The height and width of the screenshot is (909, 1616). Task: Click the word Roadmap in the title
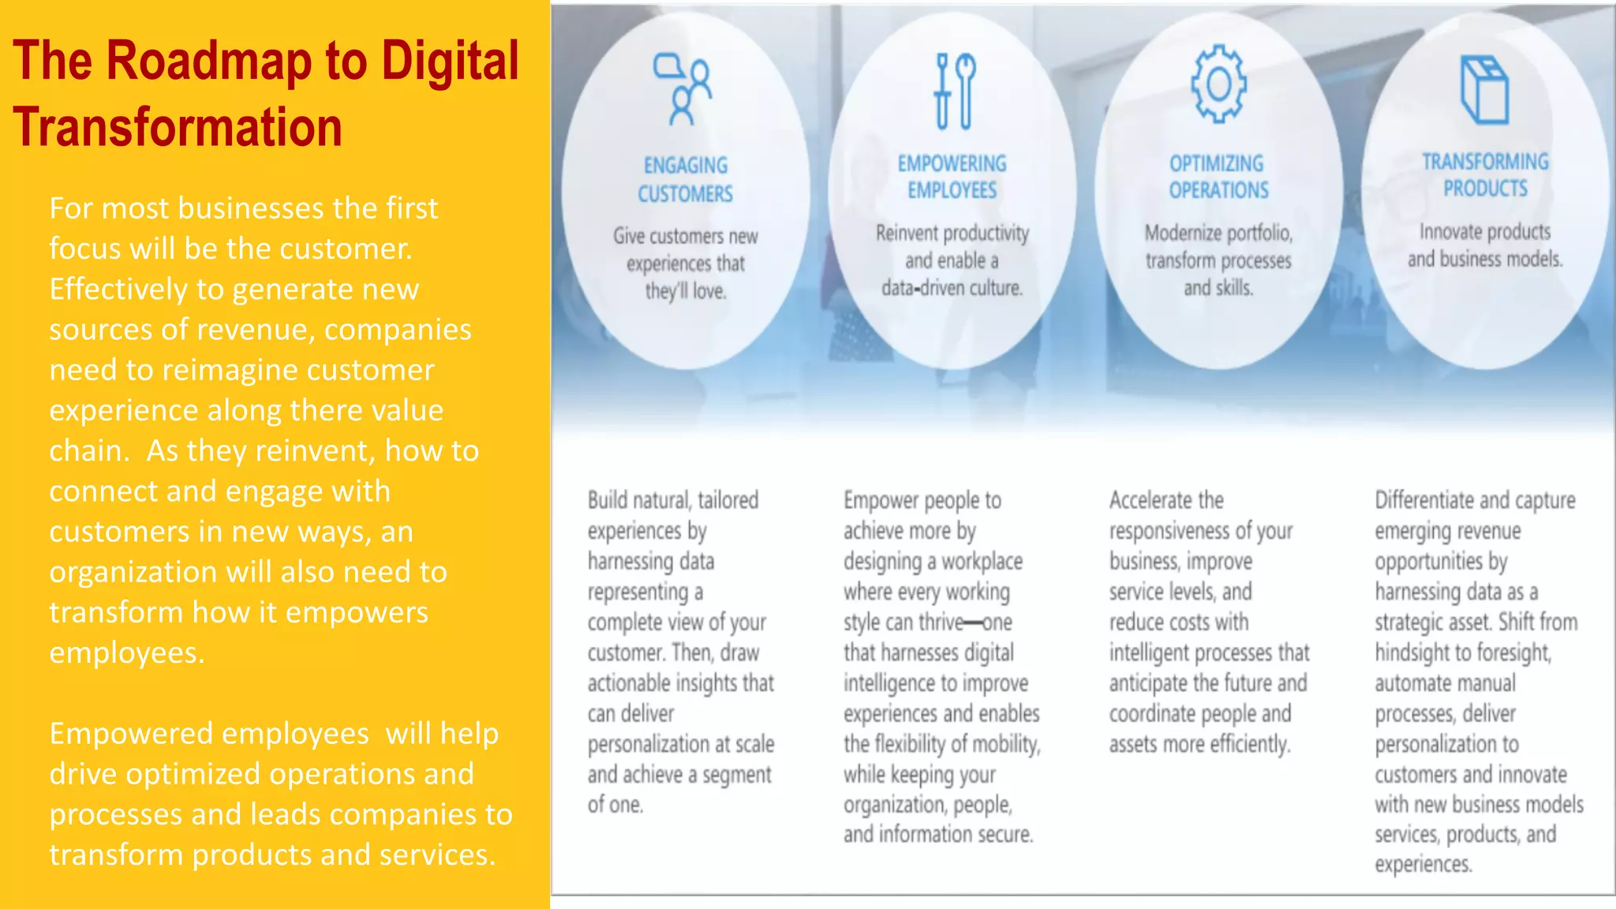(208, 62)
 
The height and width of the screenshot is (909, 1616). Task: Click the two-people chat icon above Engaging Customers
(683, 89)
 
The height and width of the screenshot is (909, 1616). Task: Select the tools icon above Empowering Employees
(954, 91)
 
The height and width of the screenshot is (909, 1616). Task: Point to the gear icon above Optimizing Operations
(1218, 84)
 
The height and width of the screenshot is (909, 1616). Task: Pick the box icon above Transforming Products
(1484, 90)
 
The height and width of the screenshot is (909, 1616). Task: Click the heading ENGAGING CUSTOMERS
(685, 179)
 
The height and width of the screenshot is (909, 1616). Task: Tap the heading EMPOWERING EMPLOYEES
(952, 177)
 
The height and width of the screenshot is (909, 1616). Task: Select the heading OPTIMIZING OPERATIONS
(1218, 177)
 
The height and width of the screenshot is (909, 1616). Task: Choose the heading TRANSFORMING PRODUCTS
(1485, 175)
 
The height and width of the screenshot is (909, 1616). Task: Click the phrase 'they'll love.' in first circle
(685, 291)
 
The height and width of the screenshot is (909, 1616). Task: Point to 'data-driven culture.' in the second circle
(952, 288)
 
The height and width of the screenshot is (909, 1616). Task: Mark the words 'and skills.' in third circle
(1218, 288)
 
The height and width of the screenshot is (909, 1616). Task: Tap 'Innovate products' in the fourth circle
(1485, 232)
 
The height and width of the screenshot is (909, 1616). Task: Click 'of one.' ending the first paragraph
(615, 805)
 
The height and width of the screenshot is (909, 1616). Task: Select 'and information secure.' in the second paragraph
(937, 835)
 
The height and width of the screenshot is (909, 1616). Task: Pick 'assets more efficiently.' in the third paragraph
(1199, 744)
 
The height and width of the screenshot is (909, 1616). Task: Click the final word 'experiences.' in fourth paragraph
(1423, 865)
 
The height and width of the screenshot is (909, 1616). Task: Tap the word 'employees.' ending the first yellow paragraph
(126, 653)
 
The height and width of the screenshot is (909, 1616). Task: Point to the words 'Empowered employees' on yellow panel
(209, 734)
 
